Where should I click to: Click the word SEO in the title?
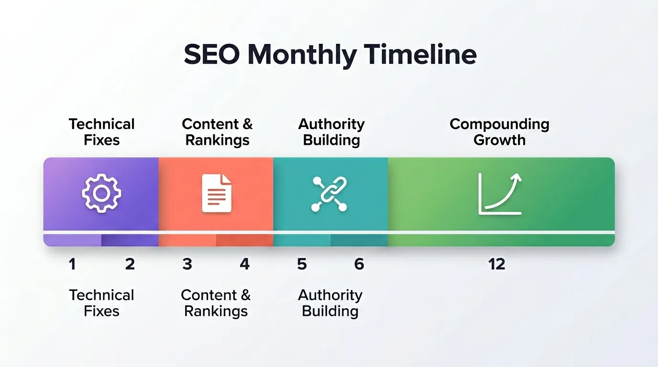coord(212,55)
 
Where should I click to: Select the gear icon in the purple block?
coord(101,193)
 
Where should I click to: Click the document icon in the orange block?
coord(217,193)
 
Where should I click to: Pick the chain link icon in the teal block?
coord(329,194)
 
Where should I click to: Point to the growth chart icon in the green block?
coord(500,194)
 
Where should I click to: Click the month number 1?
coord(72,264)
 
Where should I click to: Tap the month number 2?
coord(130,264)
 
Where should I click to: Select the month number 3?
coord(187,264)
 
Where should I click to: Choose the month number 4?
coord(244,264)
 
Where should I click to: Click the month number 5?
coord(302,264)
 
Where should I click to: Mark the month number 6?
coord(359,264)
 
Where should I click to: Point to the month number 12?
coord(497,264)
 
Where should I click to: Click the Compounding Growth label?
coord(499,132)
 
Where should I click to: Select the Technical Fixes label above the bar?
coord(101,132)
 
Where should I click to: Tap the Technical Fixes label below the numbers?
coord(101,303)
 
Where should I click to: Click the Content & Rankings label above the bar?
coord(217,132)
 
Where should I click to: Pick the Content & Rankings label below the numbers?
coord(216,303)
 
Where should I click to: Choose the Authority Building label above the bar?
coord(331,132)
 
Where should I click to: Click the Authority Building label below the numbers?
coord(330,303)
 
